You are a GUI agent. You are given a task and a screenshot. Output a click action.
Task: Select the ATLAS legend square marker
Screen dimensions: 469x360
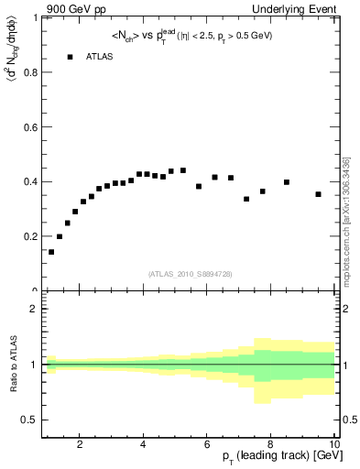(70, 57)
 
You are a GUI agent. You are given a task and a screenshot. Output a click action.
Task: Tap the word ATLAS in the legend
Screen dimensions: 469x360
(100, 57)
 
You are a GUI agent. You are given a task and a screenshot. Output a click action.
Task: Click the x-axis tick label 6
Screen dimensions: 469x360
(207, 445)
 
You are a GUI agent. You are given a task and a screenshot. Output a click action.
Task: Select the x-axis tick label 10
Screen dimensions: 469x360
(333, 445)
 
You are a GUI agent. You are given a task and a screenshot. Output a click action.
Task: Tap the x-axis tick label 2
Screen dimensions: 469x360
(80, 445)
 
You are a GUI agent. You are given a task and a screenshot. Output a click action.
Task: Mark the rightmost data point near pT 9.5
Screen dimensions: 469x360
(318, 194)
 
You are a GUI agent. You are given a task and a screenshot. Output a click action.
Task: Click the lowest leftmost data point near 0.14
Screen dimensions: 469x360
(51, 252)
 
